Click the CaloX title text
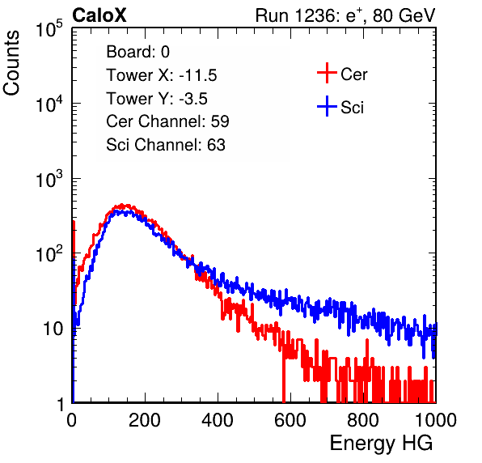point(99,15)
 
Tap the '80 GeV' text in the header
point(404,15)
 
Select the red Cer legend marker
point(327,73)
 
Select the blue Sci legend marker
point(327,106)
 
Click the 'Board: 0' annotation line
point(137,52)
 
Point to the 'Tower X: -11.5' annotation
point(162,75)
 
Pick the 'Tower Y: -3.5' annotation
point(157,99)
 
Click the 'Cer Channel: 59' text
point(167,121)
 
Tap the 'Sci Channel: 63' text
point(166,145)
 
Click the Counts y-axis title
point(11,62)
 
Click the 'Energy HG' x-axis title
point(381,444)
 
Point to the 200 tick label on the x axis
point(145,420)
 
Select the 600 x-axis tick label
point(290,420)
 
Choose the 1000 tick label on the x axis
point(436,420)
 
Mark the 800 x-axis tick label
point(363,420)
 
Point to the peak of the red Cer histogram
point(122,205)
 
